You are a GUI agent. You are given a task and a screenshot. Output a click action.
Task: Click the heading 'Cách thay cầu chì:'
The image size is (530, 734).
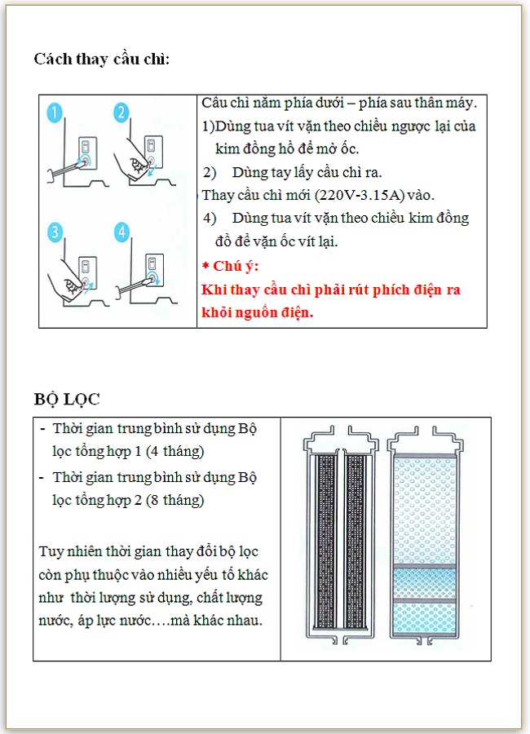point(102,60)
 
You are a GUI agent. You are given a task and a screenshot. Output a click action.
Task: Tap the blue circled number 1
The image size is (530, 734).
point(55,113)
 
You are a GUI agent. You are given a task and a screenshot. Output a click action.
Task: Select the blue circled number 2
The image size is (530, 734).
point(121,113)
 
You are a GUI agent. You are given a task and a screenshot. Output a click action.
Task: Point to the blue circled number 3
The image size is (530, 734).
point(55,232)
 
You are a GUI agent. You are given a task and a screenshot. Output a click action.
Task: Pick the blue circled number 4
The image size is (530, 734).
point(121,232)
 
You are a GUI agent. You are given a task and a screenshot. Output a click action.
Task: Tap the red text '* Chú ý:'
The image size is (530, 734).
point(230,266)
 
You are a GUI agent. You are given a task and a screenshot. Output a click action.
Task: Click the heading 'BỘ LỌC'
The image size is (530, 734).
point(67,400)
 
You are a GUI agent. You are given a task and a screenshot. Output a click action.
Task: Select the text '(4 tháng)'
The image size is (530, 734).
point(174,451)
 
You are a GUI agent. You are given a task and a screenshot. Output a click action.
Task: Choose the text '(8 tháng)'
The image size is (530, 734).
point(174,500)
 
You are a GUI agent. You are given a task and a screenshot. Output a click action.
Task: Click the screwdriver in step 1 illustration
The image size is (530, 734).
point(67,168)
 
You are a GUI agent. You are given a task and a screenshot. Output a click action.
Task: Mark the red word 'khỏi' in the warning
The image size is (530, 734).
point(214,312)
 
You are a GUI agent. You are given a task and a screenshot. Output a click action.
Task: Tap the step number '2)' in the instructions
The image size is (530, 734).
point(210,172)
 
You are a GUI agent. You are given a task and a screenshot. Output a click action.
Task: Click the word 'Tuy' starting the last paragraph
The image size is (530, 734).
point(51,551)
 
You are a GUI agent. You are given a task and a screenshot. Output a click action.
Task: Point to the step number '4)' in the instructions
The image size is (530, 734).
point(210,218)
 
